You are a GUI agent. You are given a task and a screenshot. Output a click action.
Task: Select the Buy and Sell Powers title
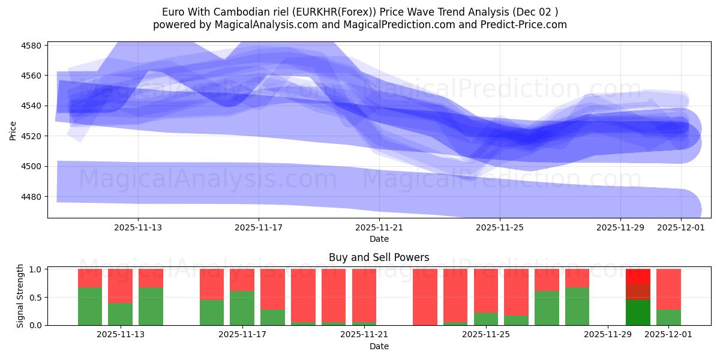pos(379,257)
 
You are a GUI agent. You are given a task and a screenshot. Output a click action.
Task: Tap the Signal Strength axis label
pos(20,296)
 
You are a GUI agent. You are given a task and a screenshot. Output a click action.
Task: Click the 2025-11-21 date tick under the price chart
pos(379,228)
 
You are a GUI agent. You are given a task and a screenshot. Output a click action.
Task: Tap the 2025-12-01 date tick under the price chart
pos(680,228)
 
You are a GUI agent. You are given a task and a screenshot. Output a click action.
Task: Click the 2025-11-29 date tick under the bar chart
pos(608,334)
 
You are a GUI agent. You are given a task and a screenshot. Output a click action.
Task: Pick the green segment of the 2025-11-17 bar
pos(242,308)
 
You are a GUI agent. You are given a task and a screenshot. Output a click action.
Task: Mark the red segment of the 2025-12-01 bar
pos(668,289)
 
